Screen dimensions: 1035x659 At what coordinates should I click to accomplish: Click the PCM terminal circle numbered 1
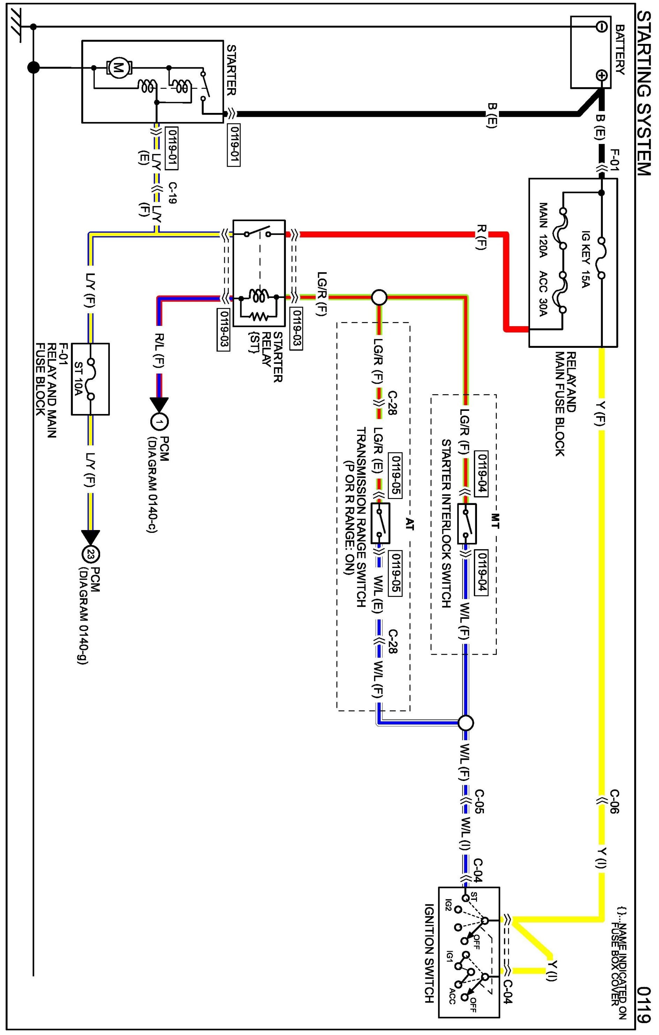[159, 422]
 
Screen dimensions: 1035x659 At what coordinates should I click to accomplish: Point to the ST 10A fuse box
[90, 379]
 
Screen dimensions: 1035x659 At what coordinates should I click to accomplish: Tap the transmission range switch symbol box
[380, 523]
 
